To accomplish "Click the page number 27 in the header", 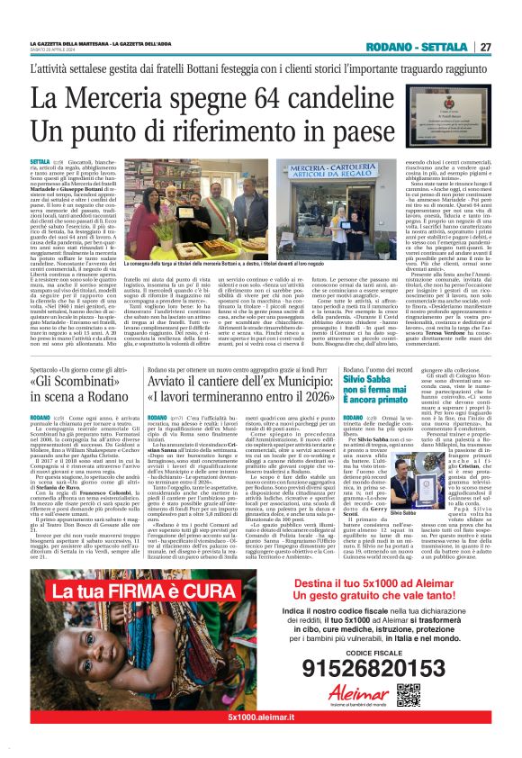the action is (x=485, y=47).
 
